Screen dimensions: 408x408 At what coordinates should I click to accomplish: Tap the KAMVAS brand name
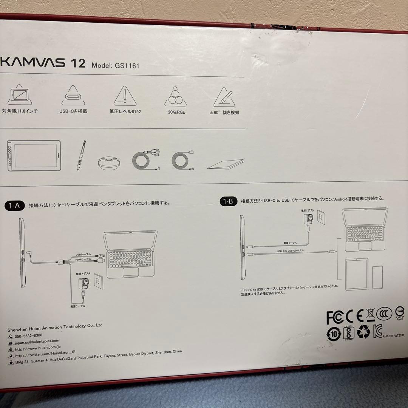click(x=33, y=62)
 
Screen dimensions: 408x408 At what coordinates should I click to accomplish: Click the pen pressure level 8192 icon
click(x=124, y=97)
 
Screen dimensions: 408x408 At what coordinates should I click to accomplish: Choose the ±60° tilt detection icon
click(x=224, y=97)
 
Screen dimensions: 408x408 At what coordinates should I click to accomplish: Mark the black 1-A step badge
click(x=15, y=206)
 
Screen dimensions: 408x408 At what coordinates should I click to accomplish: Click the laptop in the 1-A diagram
click(x=131, y=253)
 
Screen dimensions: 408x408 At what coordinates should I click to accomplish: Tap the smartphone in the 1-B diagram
click(x=377, y=277)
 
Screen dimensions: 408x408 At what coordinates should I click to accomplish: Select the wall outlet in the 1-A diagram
click(x=99, y=281)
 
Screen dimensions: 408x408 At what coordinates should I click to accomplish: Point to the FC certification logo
click(x=335, y=317)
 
